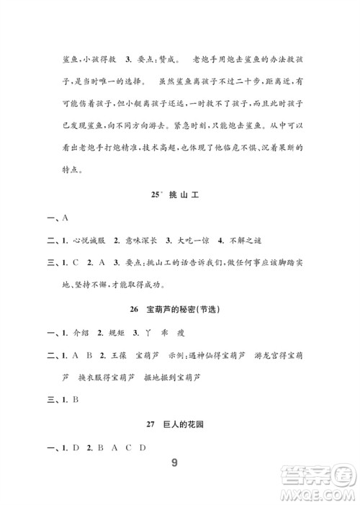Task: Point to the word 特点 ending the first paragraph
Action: point(73,171)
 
